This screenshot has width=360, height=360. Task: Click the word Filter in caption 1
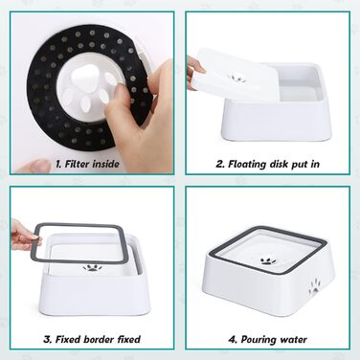(77, 164)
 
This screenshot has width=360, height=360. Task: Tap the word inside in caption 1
(106, 164)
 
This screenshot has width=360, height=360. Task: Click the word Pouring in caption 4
(259, 340)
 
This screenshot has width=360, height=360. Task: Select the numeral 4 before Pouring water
(233, 339)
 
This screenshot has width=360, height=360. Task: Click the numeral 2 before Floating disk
(220, 164)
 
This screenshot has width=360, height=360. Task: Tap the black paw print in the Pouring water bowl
(268, 261)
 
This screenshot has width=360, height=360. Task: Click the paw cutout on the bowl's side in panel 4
(314, 285)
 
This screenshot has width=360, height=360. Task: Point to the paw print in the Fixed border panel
(92, 267)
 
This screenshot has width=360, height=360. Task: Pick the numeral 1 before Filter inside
(58, 164)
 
